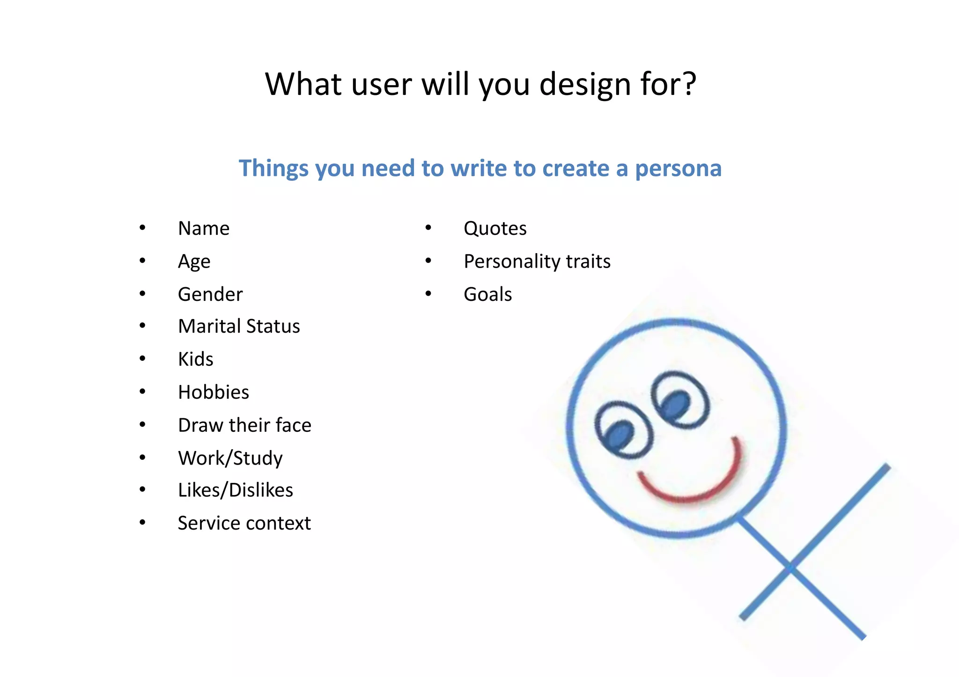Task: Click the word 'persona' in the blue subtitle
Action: click(678, 169)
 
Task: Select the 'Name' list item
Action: click(204, 228)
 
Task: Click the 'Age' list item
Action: click(194, 262)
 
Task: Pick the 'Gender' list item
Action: click(210, 294)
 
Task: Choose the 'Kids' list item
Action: click(196, 359)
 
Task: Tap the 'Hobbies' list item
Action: click(214, 392)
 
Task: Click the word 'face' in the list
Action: click(294, 425)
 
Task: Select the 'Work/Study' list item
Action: click(230, 458)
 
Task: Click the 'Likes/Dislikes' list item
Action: click(236, 490)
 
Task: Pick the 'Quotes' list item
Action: click(495, 228)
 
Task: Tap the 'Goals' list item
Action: click(487, 294)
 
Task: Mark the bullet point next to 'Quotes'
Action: click(428, 228)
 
